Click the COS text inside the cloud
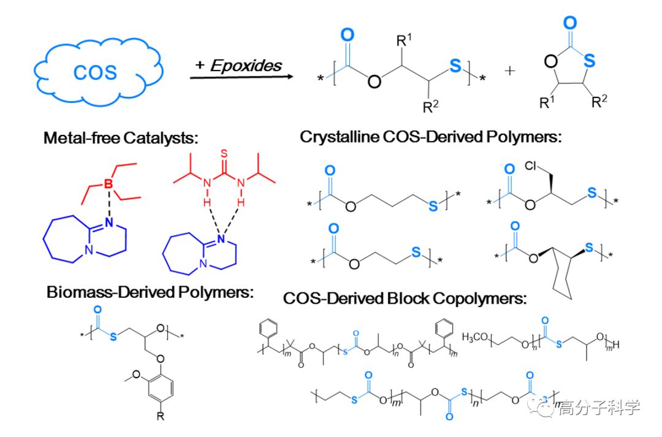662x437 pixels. pyautogui.click(x=94, y=72)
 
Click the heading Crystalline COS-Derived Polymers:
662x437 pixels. pyautogui.click(x=431, y=137)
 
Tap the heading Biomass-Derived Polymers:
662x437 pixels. pyautogui.click(x=150, y=292)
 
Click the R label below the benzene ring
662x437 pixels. pyautogui.click(x=161, y=417)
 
